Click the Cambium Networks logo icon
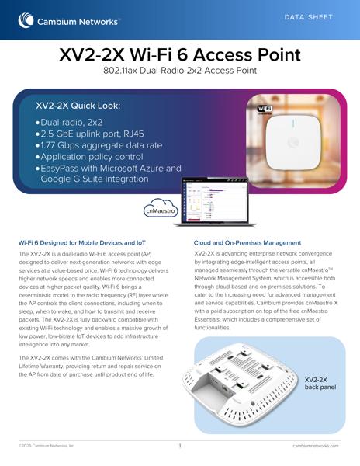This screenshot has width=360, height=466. [x=26, y=20]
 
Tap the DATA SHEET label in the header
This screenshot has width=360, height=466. [x=308, y=17]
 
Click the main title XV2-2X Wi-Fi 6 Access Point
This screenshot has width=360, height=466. [x=180, y=54]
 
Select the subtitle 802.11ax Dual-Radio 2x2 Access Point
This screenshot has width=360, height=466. [x=180, y=71]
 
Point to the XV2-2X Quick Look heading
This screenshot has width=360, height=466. [x=78, y=106]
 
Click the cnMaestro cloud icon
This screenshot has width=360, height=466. [x=161, y=208]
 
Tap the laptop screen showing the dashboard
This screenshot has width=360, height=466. [x=215, y=200]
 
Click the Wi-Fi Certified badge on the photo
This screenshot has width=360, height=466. [x=265, y=110]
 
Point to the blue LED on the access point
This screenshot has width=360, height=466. [x=293, y=123]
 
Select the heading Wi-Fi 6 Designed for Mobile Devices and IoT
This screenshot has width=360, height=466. [x=82, y=243]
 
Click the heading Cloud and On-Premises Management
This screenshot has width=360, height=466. [x=247, y=243]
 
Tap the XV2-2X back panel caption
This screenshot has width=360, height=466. [x=320, y=384]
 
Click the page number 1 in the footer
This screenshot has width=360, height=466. [x=180, y=446]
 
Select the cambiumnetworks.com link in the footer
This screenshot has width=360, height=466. [x=316, y=446]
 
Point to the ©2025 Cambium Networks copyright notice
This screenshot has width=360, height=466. [x=47, y=446]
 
